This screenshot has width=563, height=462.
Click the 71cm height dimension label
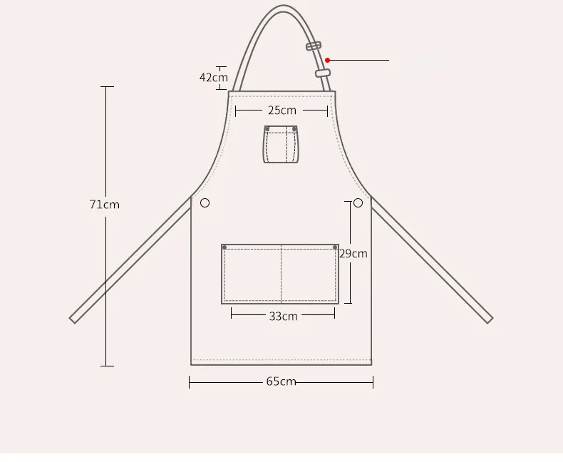tap(105, 205)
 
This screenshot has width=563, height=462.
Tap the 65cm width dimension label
tap(281, 381)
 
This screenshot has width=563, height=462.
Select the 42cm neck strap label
tap(214, 77)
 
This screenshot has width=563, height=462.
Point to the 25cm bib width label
tap(282, 111)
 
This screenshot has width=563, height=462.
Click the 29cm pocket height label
tap(353, 254)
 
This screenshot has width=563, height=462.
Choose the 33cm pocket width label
tap(284, 316)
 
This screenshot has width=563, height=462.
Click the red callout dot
tap(327, 60)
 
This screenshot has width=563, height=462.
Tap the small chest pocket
tap(281, 145)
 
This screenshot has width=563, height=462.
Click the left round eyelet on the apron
tap(205, 203)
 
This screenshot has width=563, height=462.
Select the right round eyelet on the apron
tap(358, 203)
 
